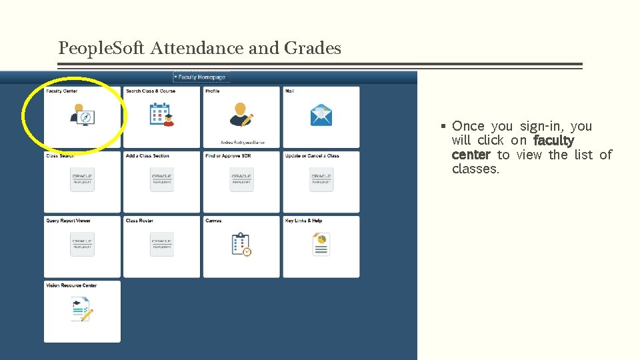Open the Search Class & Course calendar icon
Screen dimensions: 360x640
tap(161, 115)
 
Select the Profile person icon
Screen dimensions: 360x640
tap(241, 115)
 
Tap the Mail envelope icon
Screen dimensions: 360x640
tap(321, 115)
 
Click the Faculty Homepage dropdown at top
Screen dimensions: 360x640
tap(201, 77)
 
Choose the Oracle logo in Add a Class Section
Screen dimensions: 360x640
tap(162, 179)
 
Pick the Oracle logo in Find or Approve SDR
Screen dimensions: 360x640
tap(241, 179)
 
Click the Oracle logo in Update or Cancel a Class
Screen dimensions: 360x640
tap(321, 179)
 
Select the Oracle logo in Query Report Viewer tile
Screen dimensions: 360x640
tap(82, 244)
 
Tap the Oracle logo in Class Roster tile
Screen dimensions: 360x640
tap(162, 244)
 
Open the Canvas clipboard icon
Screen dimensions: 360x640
tap(241, 244)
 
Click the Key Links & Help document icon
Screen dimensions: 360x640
tap(321, 244)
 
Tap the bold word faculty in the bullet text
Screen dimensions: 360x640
tap(553, 141)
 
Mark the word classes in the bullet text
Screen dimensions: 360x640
tap(475, 169)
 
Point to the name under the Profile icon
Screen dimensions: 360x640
tap(241, 142)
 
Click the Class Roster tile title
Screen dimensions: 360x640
tap(139, 221)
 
